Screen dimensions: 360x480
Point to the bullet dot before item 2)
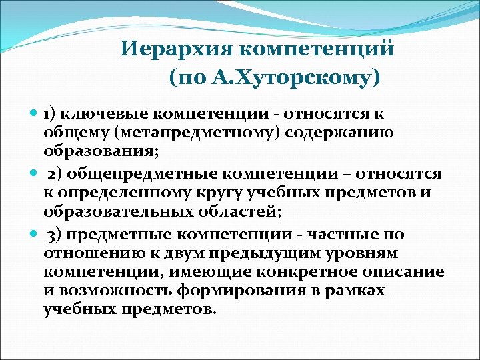tap(35, 174)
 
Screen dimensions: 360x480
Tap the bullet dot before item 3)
tap(35, 235)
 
